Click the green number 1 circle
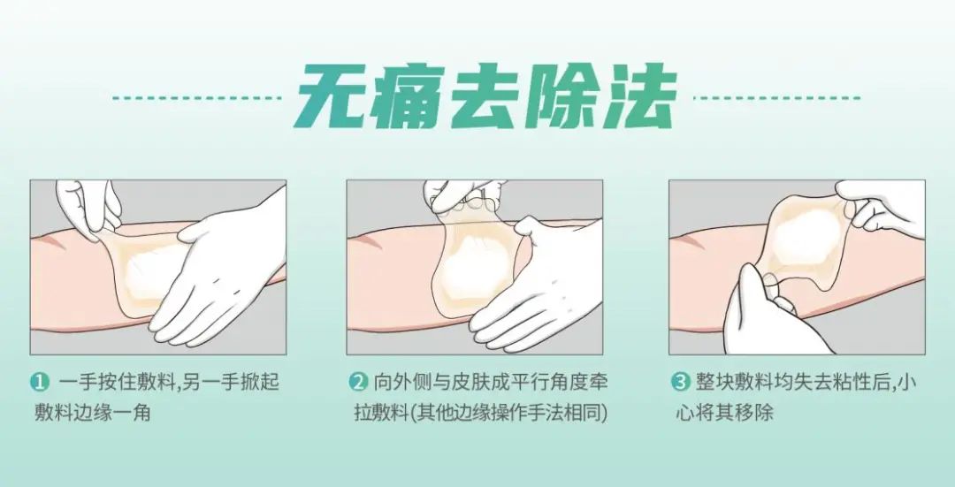coord(40,383)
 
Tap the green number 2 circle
coord(358,383)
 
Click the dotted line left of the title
coord(197,97)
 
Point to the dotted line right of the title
coord(778,97)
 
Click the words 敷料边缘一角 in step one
coord(93,414)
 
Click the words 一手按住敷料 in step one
coord(117,383)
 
